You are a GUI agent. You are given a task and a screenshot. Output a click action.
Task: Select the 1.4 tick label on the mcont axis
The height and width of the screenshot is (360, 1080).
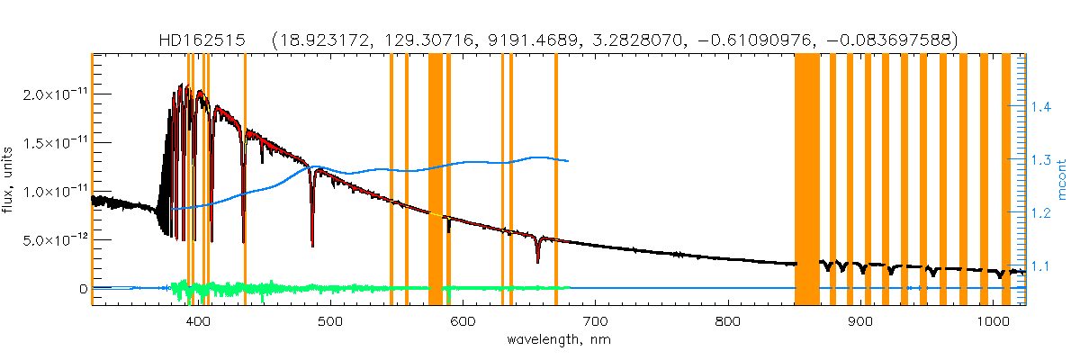(x=1041, y=108)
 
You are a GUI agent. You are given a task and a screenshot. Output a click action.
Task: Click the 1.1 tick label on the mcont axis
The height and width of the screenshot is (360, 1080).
(x=1041, y=267)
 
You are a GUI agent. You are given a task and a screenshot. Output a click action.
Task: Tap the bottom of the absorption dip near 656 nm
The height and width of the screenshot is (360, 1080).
(x=537, y=262)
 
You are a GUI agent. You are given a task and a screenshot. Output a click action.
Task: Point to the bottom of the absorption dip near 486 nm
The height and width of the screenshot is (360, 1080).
(x=312, y=245)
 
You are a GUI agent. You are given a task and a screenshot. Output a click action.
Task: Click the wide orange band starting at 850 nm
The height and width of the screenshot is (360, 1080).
(x=806, y=180)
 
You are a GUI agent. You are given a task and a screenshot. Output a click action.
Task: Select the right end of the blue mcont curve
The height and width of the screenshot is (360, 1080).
(x=568, y=161)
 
